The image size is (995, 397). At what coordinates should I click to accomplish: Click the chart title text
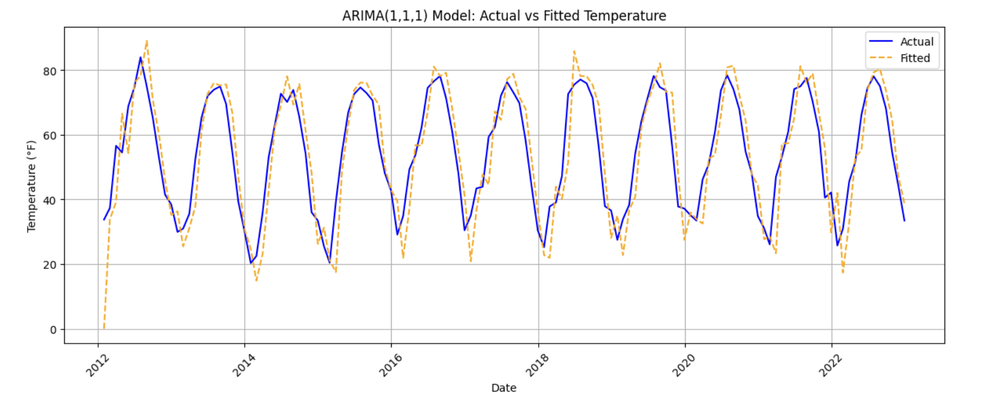pos(504,16)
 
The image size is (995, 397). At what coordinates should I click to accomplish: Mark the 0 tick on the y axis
pos(53,329)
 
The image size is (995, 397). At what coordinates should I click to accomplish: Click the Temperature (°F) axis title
pos(32,186)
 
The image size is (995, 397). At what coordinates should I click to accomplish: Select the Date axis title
pos(504,388)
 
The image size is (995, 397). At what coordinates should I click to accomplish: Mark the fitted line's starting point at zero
pos(103,329)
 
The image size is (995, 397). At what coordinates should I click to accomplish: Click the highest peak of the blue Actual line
pos(141,57)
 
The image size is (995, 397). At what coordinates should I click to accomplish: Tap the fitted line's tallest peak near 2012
pos(146,41)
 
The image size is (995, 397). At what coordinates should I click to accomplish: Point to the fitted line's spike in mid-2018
pos(574,51)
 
